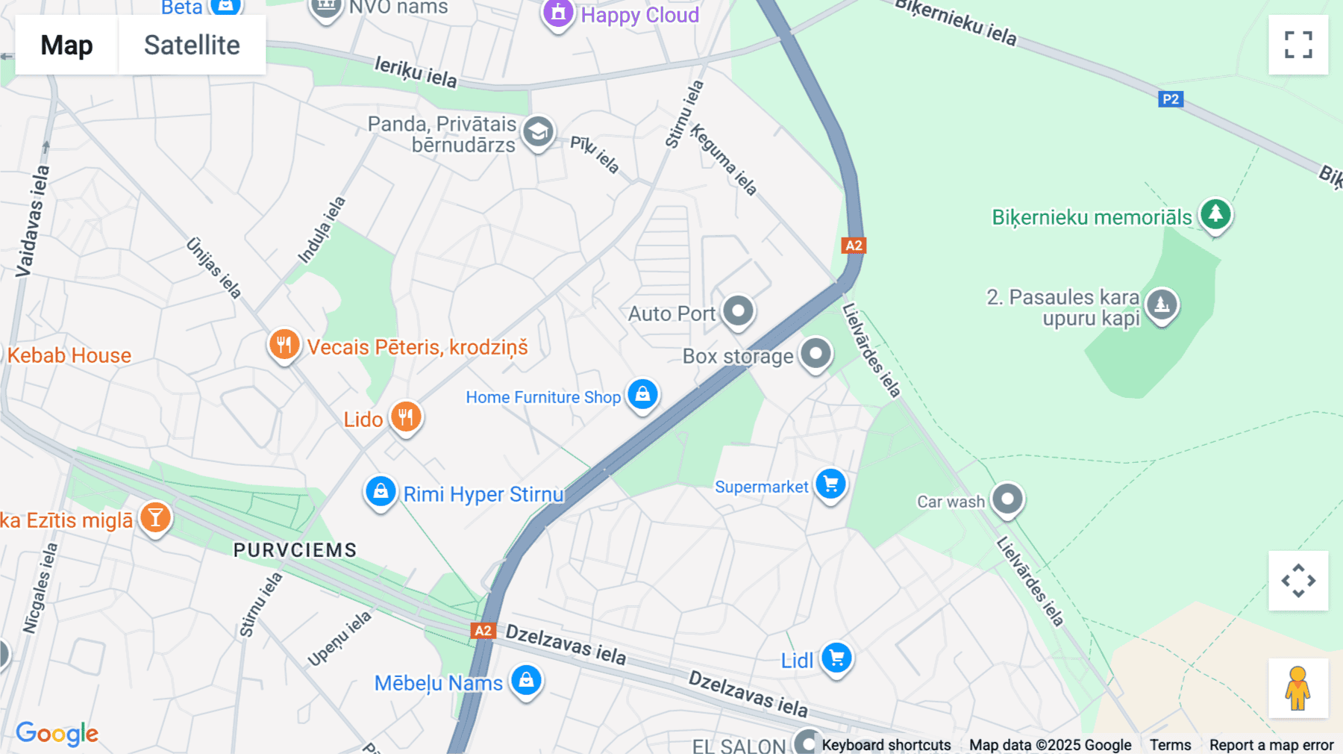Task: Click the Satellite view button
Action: tap(192, 45)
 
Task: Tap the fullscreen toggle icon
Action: tap(1298, 45)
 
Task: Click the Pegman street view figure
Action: tap(1297, 688)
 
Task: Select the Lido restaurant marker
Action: tap(406, 417)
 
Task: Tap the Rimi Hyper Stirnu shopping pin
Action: tap(381, 492)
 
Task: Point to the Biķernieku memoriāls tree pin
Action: tap(1215, 214)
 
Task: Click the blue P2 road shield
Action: tap(1171, 99)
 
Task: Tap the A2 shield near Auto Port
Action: tap(854, 246)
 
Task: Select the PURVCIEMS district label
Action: tap(295, 550)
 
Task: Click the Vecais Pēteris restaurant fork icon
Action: tap(284, 345)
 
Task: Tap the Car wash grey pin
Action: tap(1007, 498)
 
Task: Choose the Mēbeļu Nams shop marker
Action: tap(526, 681)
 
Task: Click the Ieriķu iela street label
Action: tap(416, 72)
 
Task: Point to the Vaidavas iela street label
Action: tap(34, 221)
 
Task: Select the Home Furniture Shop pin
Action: tap(642, 394)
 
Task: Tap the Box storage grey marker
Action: tap(815, 353)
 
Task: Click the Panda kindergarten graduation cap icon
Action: tap(538, 132)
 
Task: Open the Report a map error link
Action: tap(1271, 744)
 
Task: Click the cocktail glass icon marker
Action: tap(155, 517)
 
